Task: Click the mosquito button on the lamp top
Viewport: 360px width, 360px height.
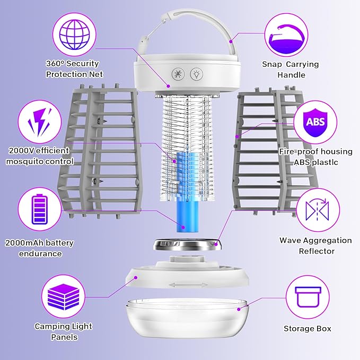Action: [178, 73]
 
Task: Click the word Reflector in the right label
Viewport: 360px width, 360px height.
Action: [316, 251]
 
